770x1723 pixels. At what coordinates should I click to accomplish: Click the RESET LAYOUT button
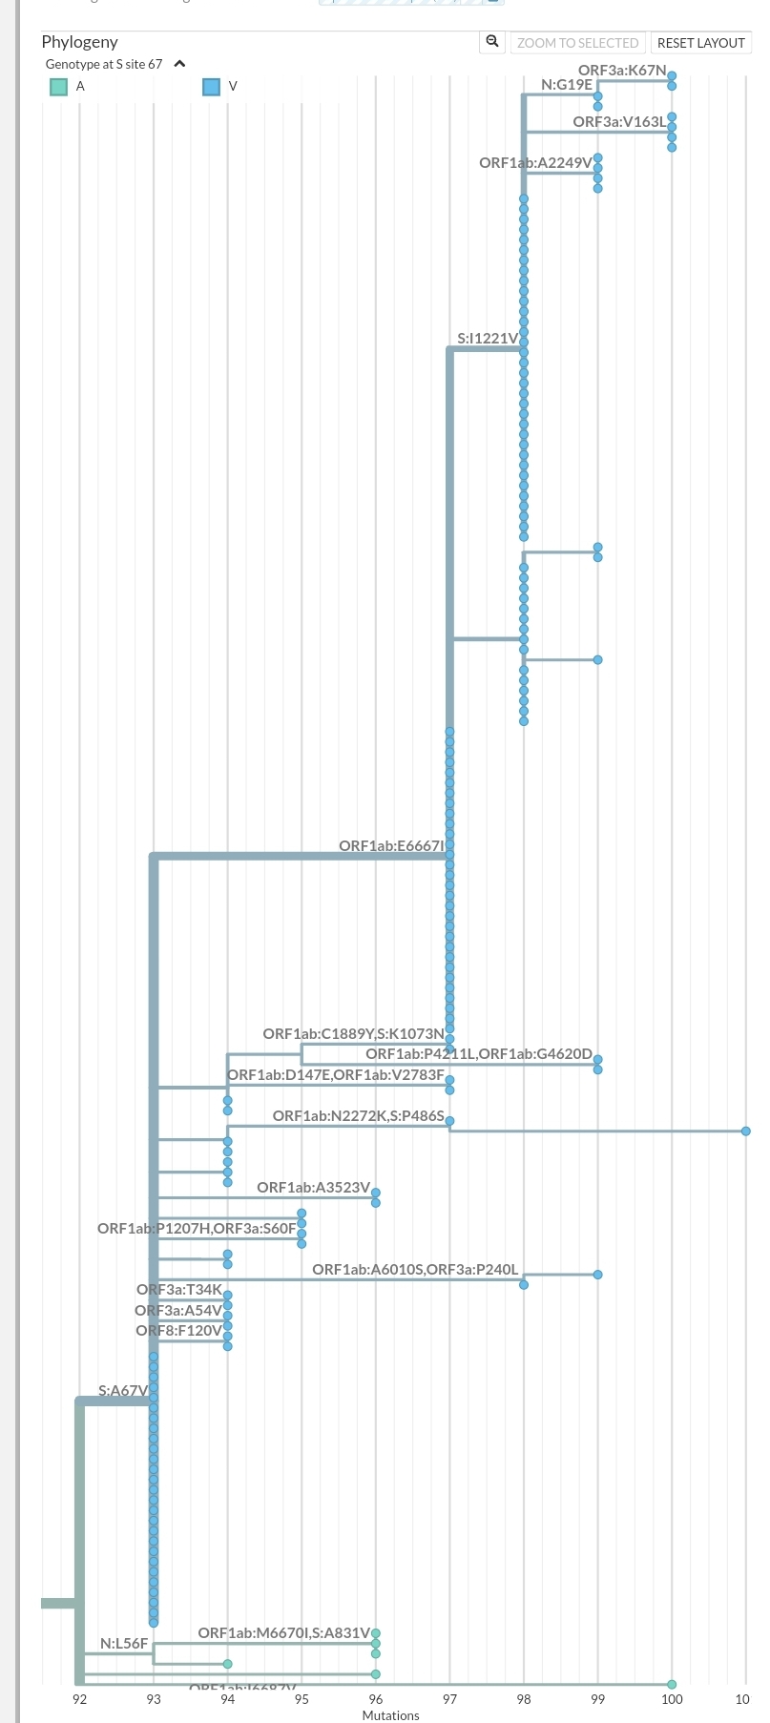tap(700, 43)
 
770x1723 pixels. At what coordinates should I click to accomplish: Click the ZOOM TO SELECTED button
tap(577, 43)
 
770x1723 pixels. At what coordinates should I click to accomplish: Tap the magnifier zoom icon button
tap(492, 42)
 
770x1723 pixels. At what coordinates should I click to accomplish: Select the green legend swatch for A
tap(59, 87)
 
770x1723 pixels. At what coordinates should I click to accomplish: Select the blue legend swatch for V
tap(212, 87)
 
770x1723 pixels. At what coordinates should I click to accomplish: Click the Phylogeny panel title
tap(79, 42)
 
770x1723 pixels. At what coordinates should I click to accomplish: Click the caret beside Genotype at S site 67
tap(179, 64)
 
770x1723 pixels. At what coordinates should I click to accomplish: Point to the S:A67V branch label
tap(123, 1390)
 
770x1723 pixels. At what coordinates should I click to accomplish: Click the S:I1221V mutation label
tap(488, 338)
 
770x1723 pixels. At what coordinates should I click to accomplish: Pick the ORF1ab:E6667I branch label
tap(391, 845)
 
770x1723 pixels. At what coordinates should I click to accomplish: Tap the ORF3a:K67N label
tap(621, 71)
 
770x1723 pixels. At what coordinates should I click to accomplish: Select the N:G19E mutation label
tap(567, 85)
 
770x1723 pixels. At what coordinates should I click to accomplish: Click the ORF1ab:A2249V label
tap(535, 163)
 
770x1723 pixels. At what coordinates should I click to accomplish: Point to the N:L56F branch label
tap(124, 1643)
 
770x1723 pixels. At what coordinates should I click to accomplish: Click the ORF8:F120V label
tap(178, 1330)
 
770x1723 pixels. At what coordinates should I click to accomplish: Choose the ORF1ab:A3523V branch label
tap(313, 1187)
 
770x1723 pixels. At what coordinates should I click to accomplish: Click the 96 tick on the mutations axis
tap(376, 1698)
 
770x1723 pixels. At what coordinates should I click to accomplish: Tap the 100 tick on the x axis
tap(672, 1698)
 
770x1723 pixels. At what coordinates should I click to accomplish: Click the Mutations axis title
tap(390, 1714)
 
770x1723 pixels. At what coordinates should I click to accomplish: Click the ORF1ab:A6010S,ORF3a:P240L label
tap(415, 1269)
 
